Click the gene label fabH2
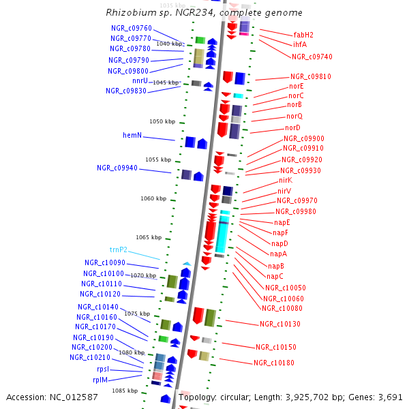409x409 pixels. point(303,34)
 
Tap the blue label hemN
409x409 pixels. point(132,135)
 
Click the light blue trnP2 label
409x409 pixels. point(119,249)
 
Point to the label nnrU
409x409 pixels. point(140,80)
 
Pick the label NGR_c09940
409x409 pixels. point(117,167)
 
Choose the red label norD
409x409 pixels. point(292,127)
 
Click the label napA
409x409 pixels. point(278,254)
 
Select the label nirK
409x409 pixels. point(285,180)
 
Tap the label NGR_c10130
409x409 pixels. point(280,324)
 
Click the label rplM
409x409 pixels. point(100,380)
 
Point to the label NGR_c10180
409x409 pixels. point(274,363)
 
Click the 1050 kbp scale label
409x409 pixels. point(162,121)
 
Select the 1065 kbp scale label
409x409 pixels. point(148,237)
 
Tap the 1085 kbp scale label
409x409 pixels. point(125,391)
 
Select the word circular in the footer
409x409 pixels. point(235,397)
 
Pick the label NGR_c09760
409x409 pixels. point(131,28)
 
